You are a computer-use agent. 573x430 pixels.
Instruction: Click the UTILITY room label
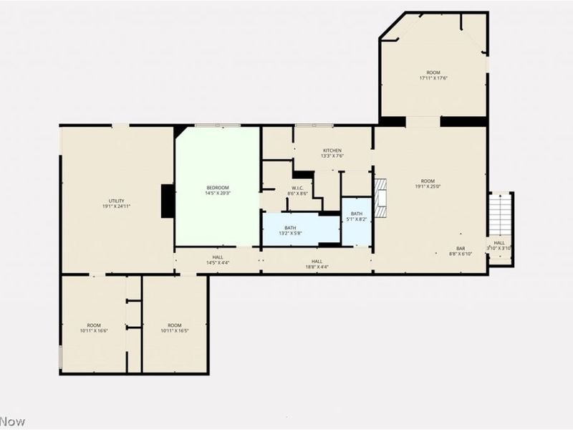[116, 204]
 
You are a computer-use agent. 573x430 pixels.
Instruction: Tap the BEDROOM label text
[217, 190]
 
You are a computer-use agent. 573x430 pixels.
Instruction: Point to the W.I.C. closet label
[297, 190]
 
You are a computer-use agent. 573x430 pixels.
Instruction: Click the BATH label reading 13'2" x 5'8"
[289, 230]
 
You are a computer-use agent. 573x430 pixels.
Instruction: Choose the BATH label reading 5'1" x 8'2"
[357, 216]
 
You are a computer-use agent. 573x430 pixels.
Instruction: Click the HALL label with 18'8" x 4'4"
[317, 264]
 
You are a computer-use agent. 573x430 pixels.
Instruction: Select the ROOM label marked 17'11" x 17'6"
[433, 75]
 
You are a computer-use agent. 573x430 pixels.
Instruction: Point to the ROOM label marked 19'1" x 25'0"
[428, 183]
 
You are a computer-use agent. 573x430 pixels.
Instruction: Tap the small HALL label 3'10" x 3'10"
[499, 245]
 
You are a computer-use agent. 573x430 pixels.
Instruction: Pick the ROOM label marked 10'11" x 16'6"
[94, 328]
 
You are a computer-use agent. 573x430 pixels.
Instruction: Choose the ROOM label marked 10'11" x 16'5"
[174, 328]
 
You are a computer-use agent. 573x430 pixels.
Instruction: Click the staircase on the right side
[500, 214]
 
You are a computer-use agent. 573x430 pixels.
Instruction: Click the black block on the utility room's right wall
[168, 201]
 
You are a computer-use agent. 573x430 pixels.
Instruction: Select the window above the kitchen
[314, 125]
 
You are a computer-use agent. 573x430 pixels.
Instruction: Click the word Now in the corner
[12, 421]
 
